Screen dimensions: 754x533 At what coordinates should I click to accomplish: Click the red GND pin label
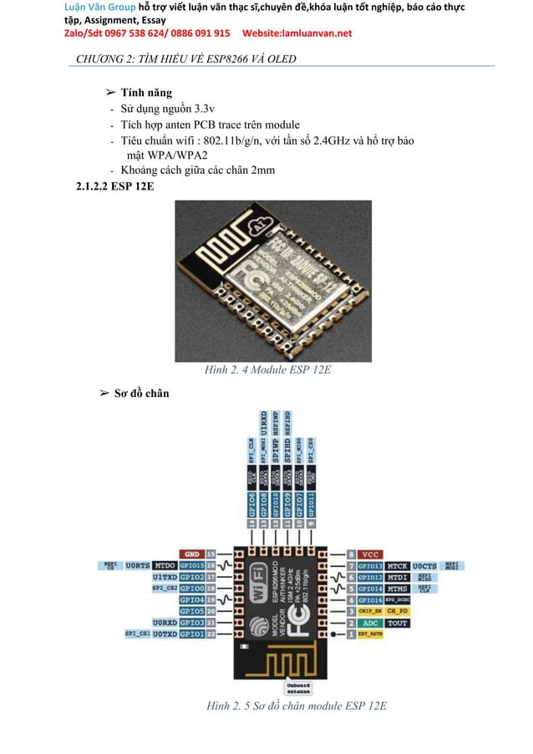(x=192, y=553)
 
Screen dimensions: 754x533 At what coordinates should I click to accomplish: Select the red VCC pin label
(x=372, y=553)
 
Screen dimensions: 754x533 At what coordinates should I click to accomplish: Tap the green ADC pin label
(x=372, y=623)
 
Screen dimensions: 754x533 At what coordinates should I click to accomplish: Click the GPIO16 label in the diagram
(x=372, y=599)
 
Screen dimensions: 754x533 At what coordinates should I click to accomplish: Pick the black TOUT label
(x=398, y=623)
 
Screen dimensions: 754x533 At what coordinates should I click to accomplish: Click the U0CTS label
(x=425, y=565)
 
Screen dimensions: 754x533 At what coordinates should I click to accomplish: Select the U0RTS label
(x=138, y=565)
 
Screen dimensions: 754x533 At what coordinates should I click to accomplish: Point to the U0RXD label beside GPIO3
(x=164, y=623)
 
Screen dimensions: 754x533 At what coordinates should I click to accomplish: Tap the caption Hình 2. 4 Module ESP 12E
(x=257, y=369)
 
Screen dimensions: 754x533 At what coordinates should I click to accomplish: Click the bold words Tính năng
(x=146, y=92)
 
